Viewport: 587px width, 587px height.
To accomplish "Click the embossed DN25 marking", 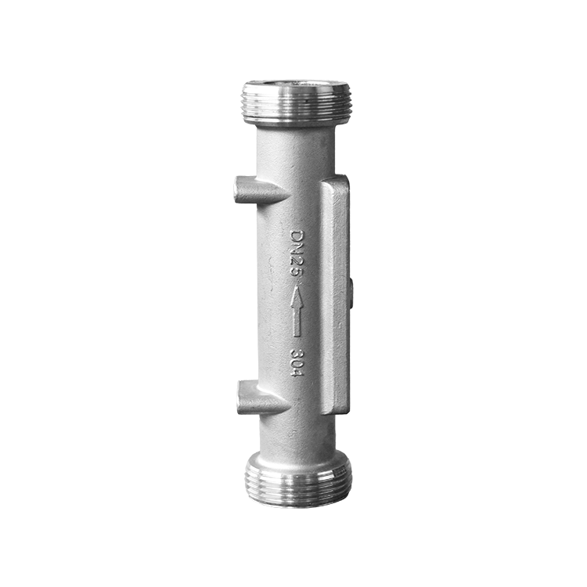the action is click(298, 254).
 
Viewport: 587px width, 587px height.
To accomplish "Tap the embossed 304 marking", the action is click(298, 363).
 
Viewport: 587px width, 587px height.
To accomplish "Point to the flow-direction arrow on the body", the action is click(298, 311).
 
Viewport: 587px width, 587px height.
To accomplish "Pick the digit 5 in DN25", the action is click(298, 274).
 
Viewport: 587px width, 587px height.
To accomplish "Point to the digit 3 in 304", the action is click(298, 354).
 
